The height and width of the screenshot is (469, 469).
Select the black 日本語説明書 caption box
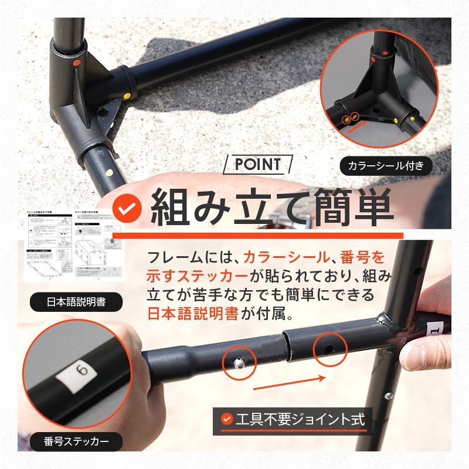pos(76,303)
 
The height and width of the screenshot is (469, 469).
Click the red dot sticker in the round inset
pos(383,53)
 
